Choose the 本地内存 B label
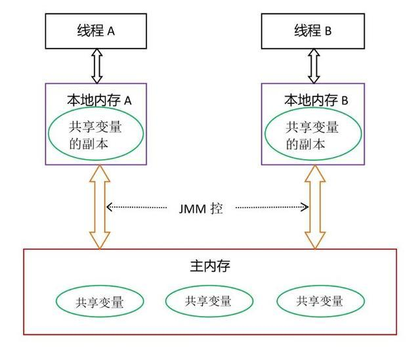click(316, 101)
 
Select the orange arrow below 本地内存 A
click(100, 207)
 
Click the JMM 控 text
click(201, 208)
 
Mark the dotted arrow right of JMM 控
click(272, 208)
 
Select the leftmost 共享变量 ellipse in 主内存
click(99, 302)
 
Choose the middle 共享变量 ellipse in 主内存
click(208, 301)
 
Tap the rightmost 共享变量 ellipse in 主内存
click(320, 302)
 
